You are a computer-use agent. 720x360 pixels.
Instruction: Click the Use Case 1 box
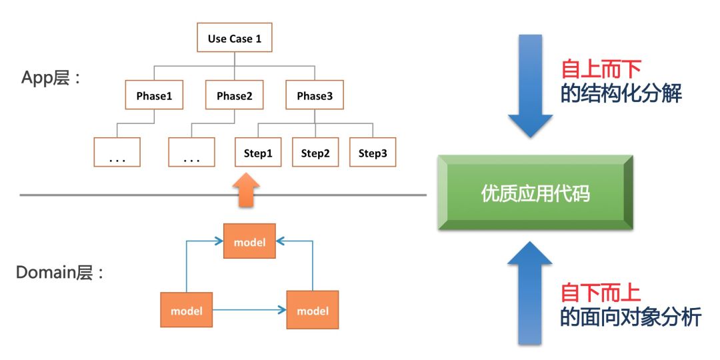click(234, 38)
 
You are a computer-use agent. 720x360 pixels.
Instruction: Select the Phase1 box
click(154, 95)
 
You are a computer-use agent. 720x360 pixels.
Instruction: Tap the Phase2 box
click(234, 95)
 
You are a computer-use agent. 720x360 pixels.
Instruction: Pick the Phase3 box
click(315, 95)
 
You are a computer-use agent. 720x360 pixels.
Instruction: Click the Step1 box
click(257, 153)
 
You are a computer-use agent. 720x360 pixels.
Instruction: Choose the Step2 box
click(315, 153)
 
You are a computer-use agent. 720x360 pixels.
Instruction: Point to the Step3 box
click(373, 153)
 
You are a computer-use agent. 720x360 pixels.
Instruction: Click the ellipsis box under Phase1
click(117, 153)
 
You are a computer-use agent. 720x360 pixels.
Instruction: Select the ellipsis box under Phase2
click(191, 153)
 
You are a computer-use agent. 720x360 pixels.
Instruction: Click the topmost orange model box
click(249, 242)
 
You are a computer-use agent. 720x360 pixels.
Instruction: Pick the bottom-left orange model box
click(186, 310)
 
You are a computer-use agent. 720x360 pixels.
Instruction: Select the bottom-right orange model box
click(313, 310)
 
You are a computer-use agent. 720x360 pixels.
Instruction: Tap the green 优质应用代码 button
click(535, 193)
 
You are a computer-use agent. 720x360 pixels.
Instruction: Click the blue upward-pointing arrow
click(530, 294)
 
